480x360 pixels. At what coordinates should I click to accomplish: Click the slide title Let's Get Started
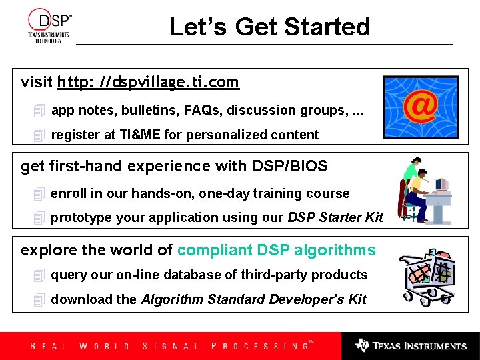tap(269, 27)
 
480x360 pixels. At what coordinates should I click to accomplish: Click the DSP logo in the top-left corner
tap(49, 26)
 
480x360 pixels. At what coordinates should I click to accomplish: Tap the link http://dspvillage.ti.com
tap(148, 83)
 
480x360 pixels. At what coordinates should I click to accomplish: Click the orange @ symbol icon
tap(420, 106)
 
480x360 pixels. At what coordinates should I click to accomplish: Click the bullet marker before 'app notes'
tap(39, 111)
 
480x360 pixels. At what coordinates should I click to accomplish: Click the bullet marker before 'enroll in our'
tap(39, 194)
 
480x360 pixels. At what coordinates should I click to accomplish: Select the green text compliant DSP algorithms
tap(276, 250)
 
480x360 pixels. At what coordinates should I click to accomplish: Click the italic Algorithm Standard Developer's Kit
tap(253, 299)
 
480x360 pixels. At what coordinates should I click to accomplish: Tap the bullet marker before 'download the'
tap(39, 300)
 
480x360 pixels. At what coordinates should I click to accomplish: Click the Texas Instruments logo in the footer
tap(411, 346)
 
